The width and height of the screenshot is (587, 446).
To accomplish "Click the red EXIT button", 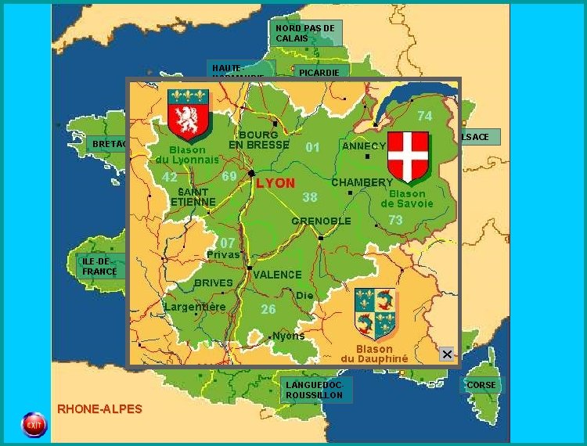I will click(x=34, y=424).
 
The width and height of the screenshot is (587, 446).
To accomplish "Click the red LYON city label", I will click(x=275, y=183).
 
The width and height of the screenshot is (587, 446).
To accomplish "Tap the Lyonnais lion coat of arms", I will click(x=189, y=114).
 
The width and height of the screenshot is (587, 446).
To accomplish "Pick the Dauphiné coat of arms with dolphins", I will click(x=375, y=314).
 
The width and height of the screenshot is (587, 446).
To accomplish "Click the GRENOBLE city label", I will click(x=321, y=221).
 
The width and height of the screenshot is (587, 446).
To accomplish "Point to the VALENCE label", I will click(x=277, y=275).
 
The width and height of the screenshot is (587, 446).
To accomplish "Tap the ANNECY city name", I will click(x=364, y=146).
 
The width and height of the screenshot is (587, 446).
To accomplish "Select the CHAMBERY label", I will click(x=362, y=182).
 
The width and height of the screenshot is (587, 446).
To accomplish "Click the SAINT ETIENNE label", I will click(x=193, y=196).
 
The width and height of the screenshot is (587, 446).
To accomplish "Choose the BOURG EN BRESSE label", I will click(x=258, y=140).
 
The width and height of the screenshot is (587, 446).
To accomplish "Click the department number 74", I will click(x=424, y=116).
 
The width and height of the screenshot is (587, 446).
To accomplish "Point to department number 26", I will click(x=268, y=309).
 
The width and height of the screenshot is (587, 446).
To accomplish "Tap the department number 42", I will click(x=169, y=177).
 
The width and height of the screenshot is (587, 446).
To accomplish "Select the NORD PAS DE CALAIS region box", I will click(x=307, y=33).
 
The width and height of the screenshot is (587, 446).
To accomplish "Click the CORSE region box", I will click(x=481, y=385).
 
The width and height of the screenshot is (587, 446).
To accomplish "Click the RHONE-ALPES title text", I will click(x=99, y=408).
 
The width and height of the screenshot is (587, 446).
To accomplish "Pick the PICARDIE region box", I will click(x=319, y=72).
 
